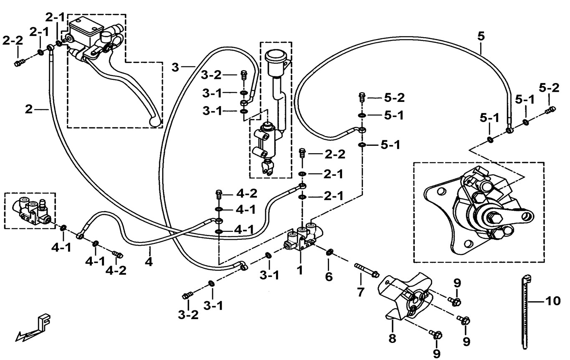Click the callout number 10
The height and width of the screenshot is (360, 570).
click(553, 301)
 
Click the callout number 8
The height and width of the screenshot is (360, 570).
click(392, 339)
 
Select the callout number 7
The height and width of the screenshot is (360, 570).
click(360, 292)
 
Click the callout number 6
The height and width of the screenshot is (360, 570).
click(329, 276)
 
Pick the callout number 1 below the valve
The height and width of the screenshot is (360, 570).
click(300, 270)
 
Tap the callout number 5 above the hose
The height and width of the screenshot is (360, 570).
click(481, 37)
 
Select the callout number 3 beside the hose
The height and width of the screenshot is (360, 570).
click(175, 67)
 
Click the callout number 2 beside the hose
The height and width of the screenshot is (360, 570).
click(29, 109)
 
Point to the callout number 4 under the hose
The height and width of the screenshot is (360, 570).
click(149, 261)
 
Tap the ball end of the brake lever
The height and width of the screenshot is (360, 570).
click(155, 122)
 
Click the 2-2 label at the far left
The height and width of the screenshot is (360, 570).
click(13, 41)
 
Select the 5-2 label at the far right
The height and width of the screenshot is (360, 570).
click(549, 88)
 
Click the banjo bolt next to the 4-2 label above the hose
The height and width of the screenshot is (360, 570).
click(218, 195)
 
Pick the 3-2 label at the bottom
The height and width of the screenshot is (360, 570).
click(188, 315)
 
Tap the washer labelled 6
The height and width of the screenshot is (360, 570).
click(329, 252)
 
